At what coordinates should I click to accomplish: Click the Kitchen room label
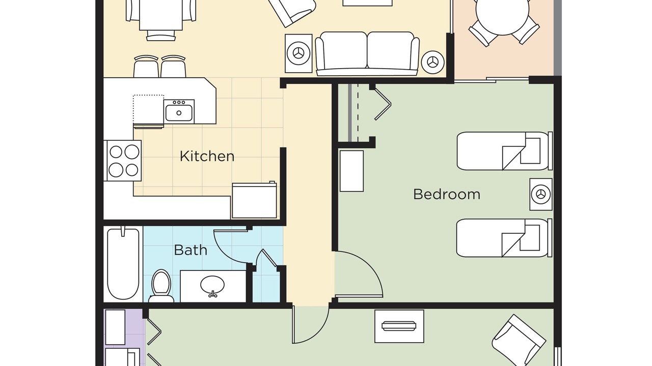[207, 156]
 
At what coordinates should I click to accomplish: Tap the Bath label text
[191, 250]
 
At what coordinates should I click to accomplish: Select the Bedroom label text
[447, 194]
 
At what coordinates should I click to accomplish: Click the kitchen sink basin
[179, 113]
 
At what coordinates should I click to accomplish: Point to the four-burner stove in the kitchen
[123, 161]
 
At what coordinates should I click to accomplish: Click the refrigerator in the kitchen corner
[254, 201]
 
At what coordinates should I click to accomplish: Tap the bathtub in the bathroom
[123, 264]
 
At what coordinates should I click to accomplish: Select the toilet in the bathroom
[161, 286]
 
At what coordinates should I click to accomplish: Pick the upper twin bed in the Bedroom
[504, 151]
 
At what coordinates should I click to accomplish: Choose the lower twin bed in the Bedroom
[504, 238]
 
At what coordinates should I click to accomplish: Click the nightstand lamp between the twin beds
[541, 194]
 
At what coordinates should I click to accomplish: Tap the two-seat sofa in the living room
[367, 54]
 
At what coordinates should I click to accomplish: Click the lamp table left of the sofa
[298, 53]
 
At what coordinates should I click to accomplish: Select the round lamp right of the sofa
[433, 62]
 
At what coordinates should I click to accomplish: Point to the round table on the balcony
[502, 12]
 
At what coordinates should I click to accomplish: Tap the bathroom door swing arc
[225, 253]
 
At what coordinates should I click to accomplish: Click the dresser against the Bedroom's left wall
[351, 171]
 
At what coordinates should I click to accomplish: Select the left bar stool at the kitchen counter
[146, 66]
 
